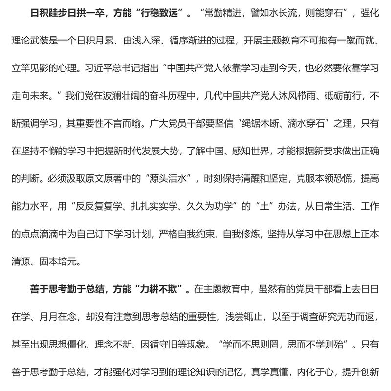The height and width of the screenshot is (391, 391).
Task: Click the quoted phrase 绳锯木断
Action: click(261, 123)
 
